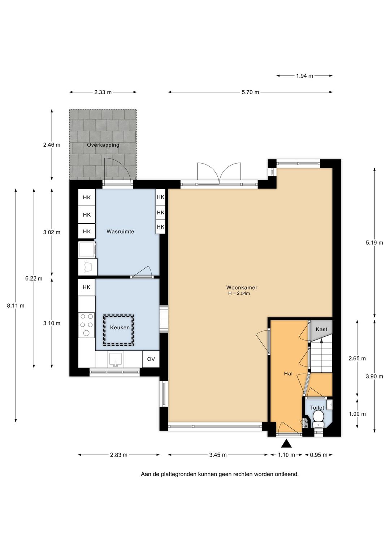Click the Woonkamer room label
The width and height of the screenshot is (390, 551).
point(242,287)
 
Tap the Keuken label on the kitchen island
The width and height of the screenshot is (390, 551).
point(120,327)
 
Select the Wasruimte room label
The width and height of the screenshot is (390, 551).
point(120,231)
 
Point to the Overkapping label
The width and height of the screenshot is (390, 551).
point(103,145)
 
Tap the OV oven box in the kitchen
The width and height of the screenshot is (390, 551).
point(151,359)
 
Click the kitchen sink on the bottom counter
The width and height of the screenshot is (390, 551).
point(116,359)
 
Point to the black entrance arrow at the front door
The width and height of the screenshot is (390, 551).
point(286,443)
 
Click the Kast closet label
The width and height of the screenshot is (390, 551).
point(321,329)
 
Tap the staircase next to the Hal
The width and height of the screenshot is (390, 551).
point(321,356)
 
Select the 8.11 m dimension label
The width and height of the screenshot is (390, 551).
point(16,305)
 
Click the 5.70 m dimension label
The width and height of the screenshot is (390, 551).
point(250,92)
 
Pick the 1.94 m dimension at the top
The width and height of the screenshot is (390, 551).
point(304,76)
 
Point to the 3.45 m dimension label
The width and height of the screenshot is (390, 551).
point(218,455)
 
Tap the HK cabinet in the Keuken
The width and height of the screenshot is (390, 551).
point(87,287)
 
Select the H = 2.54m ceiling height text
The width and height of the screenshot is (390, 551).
point(239,294)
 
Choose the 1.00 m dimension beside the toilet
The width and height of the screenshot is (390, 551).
point(357,414)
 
